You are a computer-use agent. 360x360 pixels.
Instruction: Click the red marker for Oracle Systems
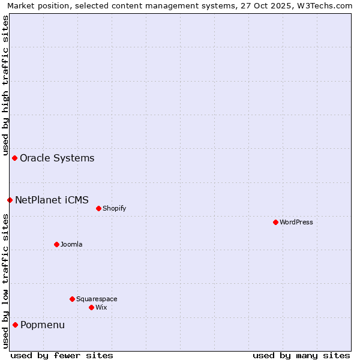[14, 158]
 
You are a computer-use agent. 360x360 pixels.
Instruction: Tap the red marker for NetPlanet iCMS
[10, 200]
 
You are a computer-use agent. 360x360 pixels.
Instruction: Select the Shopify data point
[98, 208]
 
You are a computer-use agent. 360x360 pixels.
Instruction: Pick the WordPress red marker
[275, 222]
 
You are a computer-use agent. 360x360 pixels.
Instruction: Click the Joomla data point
[56, 244]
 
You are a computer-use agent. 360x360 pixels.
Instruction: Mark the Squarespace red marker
[72, 299]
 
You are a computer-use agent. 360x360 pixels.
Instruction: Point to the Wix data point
[91, 307]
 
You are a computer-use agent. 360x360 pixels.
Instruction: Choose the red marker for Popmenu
[15, 325]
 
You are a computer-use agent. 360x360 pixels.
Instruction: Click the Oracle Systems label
[57, 158]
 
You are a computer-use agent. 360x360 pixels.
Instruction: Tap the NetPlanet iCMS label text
[52, 200]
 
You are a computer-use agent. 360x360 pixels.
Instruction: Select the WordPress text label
[296, 223]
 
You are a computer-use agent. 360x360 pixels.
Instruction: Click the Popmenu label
[43, 325]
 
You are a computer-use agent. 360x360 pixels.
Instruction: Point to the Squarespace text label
[97, 299]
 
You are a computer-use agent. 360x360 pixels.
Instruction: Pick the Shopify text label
[114, 209]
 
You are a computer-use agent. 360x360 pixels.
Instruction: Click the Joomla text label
[71, 245]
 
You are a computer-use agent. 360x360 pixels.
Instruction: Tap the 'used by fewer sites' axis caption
[62, 355]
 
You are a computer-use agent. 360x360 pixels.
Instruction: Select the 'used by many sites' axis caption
[301, 355]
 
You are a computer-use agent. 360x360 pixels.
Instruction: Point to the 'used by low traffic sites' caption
[5, 281]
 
